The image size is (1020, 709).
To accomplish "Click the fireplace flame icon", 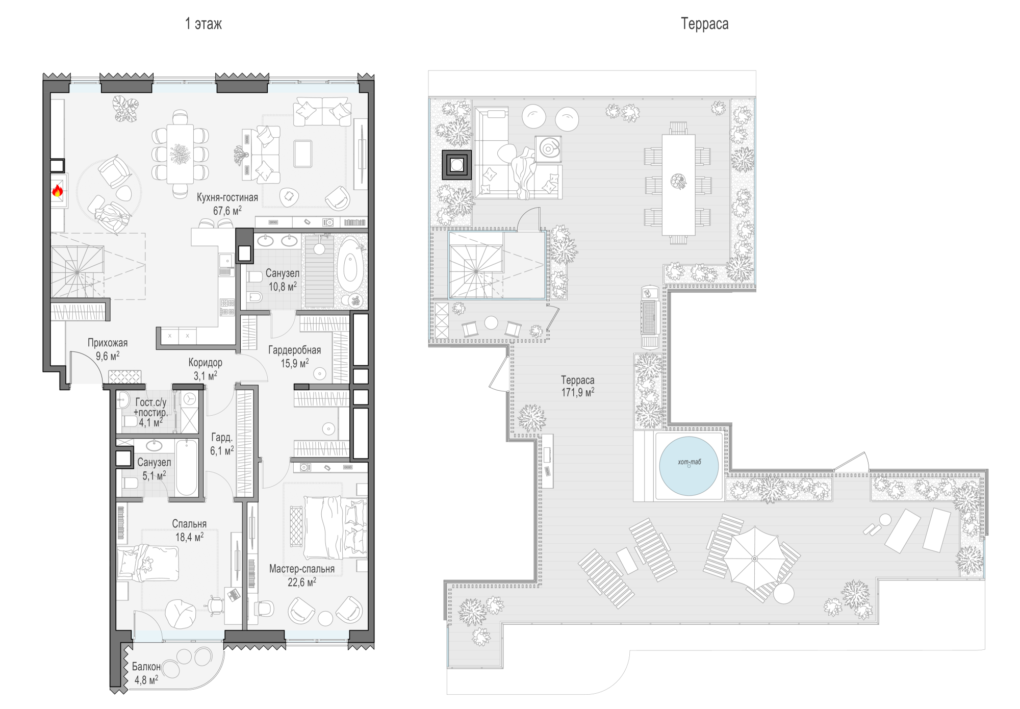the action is point(57,191).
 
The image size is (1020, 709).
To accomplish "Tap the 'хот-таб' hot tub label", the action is point(689,462).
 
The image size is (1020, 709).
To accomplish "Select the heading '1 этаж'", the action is point(203,24).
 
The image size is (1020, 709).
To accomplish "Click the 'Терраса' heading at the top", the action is point(705,24).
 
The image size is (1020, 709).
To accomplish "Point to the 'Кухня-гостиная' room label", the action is point(227,197).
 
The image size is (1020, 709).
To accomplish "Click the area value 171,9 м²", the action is point(578,393).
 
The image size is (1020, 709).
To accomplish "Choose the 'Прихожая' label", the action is point(108,343).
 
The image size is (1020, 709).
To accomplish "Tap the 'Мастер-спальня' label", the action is point(302,569).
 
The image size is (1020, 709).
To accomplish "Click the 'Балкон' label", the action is point(146,667).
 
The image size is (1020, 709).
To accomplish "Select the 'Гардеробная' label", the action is point(295,350).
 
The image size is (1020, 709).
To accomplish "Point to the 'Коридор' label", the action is point(206,363).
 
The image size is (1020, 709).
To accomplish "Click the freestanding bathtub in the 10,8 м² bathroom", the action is point(350,263).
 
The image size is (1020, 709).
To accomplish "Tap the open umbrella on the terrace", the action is point(754,559).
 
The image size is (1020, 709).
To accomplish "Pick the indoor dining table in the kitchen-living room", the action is point(180,154).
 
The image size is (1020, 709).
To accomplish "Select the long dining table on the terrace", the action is point(678,184).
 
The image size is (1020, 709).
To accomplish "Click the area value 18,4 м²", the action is point(190,537).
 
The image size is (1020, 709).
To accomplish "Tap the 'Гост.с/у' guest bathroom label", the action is point(151,402).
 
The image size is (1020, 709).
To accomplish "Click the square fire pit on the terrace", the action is point(457,165).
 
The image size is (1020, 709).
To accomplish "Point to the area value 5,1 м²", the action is point(154,476).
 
